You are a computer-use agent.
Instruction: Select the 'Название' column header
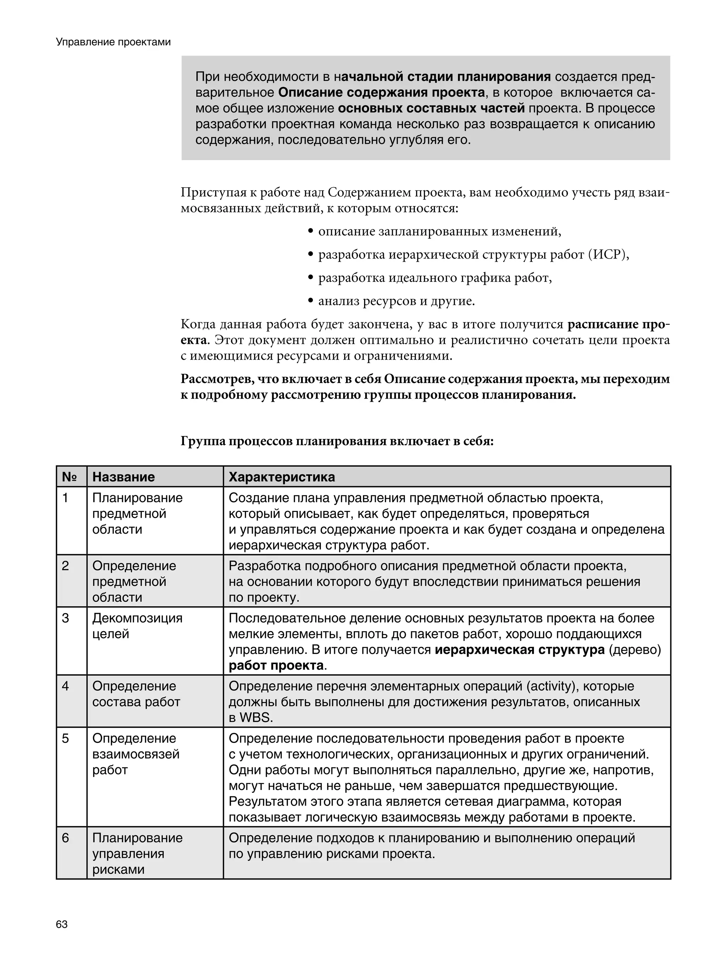[x=123, y=477]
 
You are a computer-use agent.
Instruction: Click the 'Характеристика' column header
[x=282, y=477]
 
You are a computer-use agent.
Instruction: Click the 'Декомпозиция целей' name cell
[x=137, y=626]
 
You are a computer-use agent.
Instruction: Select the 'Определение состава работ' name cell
[x=136, y=694]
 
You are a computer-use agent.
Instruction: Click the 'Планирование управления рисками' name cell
[x=137, y=853]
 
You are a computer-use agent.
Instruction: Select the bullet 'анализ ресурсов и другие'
[x=396, y=301]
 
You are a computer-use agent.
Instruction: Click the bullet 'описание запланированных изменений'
[x=439, y=231]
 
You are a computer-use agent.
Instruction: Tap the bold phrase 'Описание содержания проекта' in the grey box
[x=381, y=93]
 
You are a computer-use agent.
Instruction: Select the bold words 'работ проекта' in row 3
[x=276, y=666]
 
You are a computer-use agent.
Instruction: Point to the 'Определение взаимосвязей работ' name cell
[x=136, y=754]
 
